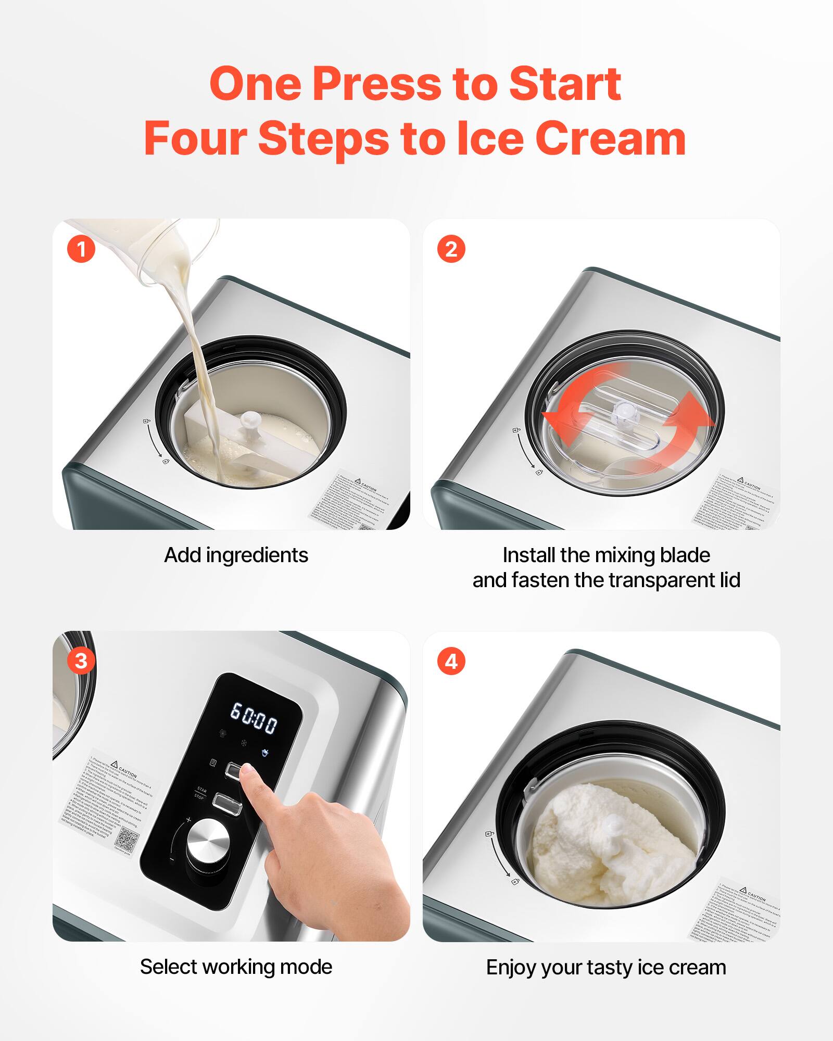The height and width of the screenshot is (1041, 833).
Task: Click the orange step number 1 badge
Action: (x=81, y=249)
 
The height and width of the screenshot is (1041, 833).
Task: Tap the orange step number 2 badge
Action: (x=451, y=249)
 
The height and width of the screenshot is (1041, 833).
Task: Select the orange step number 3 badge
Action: (x=81, y=661)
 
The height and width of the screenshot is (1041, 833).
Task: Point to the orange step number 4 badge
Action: (x=451, y=661)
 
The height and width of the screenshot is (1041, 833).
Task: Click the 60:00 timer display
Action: (x=254, y=718)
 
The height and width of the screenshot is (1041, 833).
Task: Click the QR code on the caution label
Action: (x=128, y=837)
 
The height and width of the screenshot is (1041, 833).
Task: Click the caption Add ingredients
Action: (x=236, y=555)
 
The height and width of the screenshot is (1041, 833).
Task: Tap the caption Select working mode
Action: (x=236, y=967)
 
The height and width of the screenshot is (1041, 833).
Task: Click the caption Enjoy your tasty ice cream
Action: (x=606, y=968)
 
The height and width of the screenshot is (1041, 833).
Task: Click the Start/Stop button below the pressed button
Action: (x=227, y=804)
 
